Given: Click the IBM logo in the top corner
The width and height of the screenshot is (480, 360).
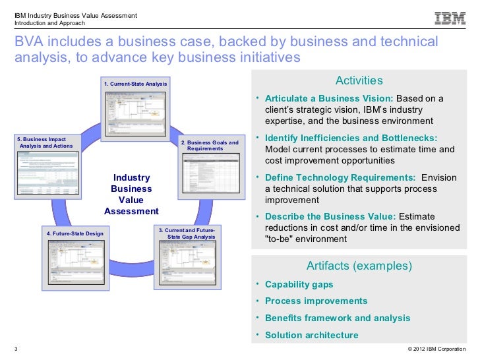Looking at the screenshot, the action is [450, 19].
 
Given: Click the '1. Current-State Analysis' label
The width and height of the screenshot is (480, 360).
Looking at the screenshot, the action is [135, 84].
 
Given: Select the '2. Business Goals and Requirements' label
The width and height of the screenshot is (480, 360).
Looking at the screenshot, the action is [210, 146].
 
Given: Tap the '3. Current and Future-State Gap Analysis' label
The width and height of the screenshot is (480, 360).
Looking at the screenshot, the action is [190, 233].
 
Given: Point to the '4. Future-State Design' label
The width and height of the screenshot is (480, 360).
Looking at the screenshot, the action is [75, 234].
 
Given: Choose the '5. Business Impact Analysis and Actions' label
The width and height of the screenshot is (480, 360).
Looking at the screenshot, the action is [41, 142].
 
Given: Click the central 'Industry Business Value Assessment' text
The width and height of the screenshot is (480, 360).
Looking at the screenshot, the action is [132, 195].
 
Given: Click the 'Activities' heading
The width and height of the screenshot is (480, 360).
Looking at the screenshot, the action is [359, 80].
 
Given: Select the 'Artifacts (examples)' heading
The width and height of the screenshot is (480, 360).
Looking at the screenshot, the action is [359, 266].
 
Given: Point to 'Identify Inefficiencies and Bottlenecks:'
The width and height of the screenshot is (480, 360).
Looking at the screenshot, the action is [351, 138].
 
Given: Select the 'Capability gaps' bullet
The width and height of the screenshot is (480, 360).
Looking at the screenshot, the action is [299, 285].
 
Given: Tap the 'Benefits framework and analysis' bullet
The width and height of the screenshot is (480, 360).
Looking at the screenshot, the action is [337, 318].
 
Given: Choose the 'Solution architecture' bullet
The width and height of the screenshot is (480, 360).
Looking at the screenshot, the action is [311, 335].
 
